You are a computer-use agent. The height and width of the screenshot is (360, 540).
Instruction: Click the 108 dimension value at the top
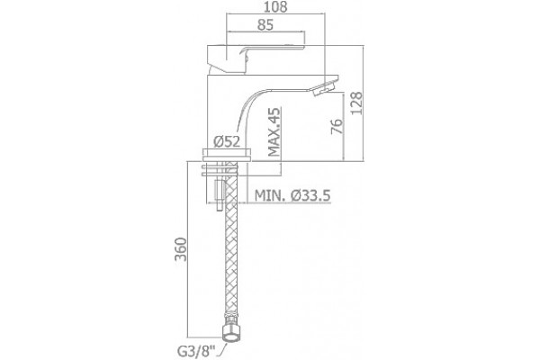(x=275, y=6)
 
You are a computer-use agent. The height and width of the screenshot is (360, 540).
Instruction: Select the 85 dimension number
(x=265, y=24)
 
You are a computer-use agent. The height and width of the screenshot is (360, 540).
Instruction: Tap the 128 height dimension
(x=356, y=103)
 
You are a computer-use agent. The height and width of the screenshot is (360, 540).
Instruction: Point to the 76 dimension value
(x=337, y=126)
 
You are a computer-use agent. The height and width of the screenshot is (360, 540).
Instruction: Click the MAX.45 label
(x=274, y=131)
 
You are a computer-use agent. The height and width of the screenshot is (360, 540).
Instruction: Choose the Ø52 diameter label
(x=227, y=141)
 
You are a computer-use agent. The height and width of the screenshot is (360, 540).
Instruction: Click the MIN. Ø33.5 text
(x=292, y=195)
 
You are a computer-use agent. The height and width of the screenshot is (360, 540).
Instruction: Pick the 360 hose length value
(x=181, y=249)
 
